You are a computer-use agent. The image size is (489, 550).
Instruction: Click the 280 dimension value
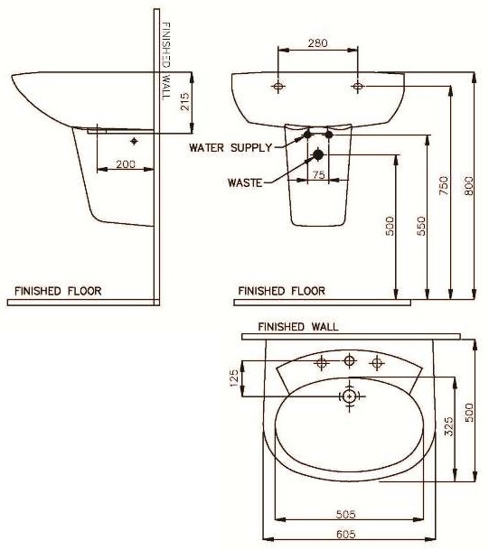(x=317, y=42)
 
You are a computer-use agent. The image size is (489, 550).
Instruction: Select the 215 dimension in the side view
(x=184, y=100)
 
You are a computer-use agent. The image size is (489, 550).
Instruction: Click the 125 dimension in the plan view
(x=233, y=378)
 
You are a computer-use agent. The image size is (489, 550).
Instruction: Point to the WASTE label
(x=244, y=182)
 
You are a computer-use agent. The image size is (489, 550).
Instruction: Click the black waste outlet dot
(x=317, y=155)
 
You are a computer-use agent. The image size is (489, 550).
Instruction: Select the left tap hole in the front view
(x=277, y=87)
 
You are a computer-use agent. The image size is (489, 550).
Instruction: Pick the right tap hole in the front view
(x=358, y=87)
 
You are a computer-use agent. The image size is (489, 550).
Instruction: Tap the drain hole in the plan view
(x=349, y=396)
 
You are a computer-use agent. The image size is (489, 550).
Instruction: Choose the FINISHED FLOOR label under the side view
(x=58, y=291)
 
